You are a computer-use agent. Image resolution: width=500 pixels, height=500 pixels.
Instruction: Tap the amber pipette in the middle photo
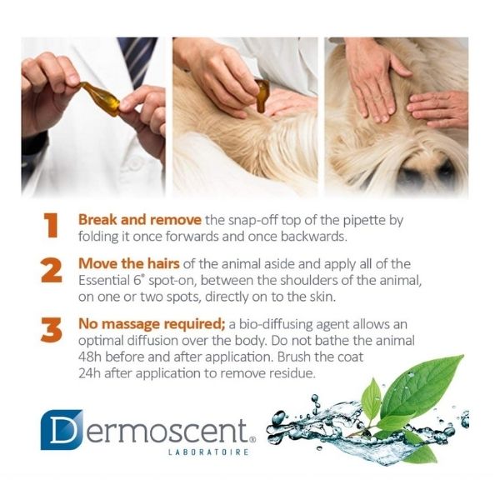(x=262, y=95)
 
